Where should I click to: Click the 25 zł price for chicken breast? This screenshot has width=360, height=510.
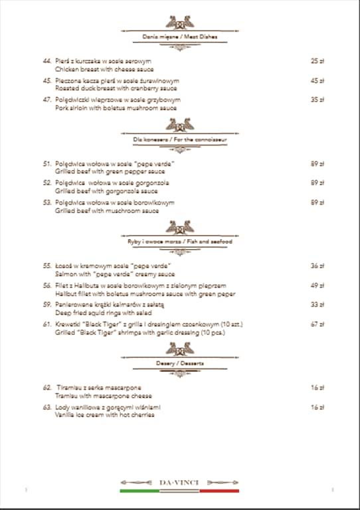[317, 61]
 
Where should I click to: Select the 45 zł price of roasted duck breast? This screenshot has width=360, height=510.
[317, 80]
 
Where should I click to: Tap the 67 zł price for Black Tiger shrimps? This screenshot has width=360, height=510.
[317, 325]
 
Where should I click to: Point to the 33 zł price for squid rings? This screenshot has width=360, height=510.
[317, 305]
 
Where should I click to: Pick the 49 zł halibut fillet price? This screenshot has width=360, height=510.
[317, 286]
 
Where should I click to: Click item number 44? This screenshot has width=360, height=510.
[47, 61]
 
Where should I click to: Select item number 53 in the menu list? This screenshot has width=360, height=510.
[47, 202]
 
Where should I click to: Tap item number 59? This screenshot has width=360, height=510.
[47, 305]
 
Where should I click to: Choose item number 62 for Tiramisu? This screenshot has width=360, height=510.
[47, 387]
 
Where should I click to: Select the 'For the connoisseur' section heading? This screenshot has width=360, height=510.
[179, 140]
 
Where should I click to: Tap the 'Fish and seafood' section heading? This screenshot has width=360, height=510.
[179, 242]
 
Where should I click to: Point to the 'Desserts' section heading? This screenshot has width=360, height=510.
[179, 364]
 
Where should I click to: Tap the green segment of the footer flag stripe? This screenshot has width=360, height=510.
[139, 491]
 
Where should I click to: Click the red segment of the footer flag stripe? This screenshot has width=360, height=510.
[219, 491]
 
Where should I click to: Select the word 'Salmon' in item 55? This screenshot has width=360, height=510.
[65, 274]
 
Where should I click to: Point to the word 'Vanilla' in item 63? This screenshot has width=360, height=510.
[65, 415]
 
